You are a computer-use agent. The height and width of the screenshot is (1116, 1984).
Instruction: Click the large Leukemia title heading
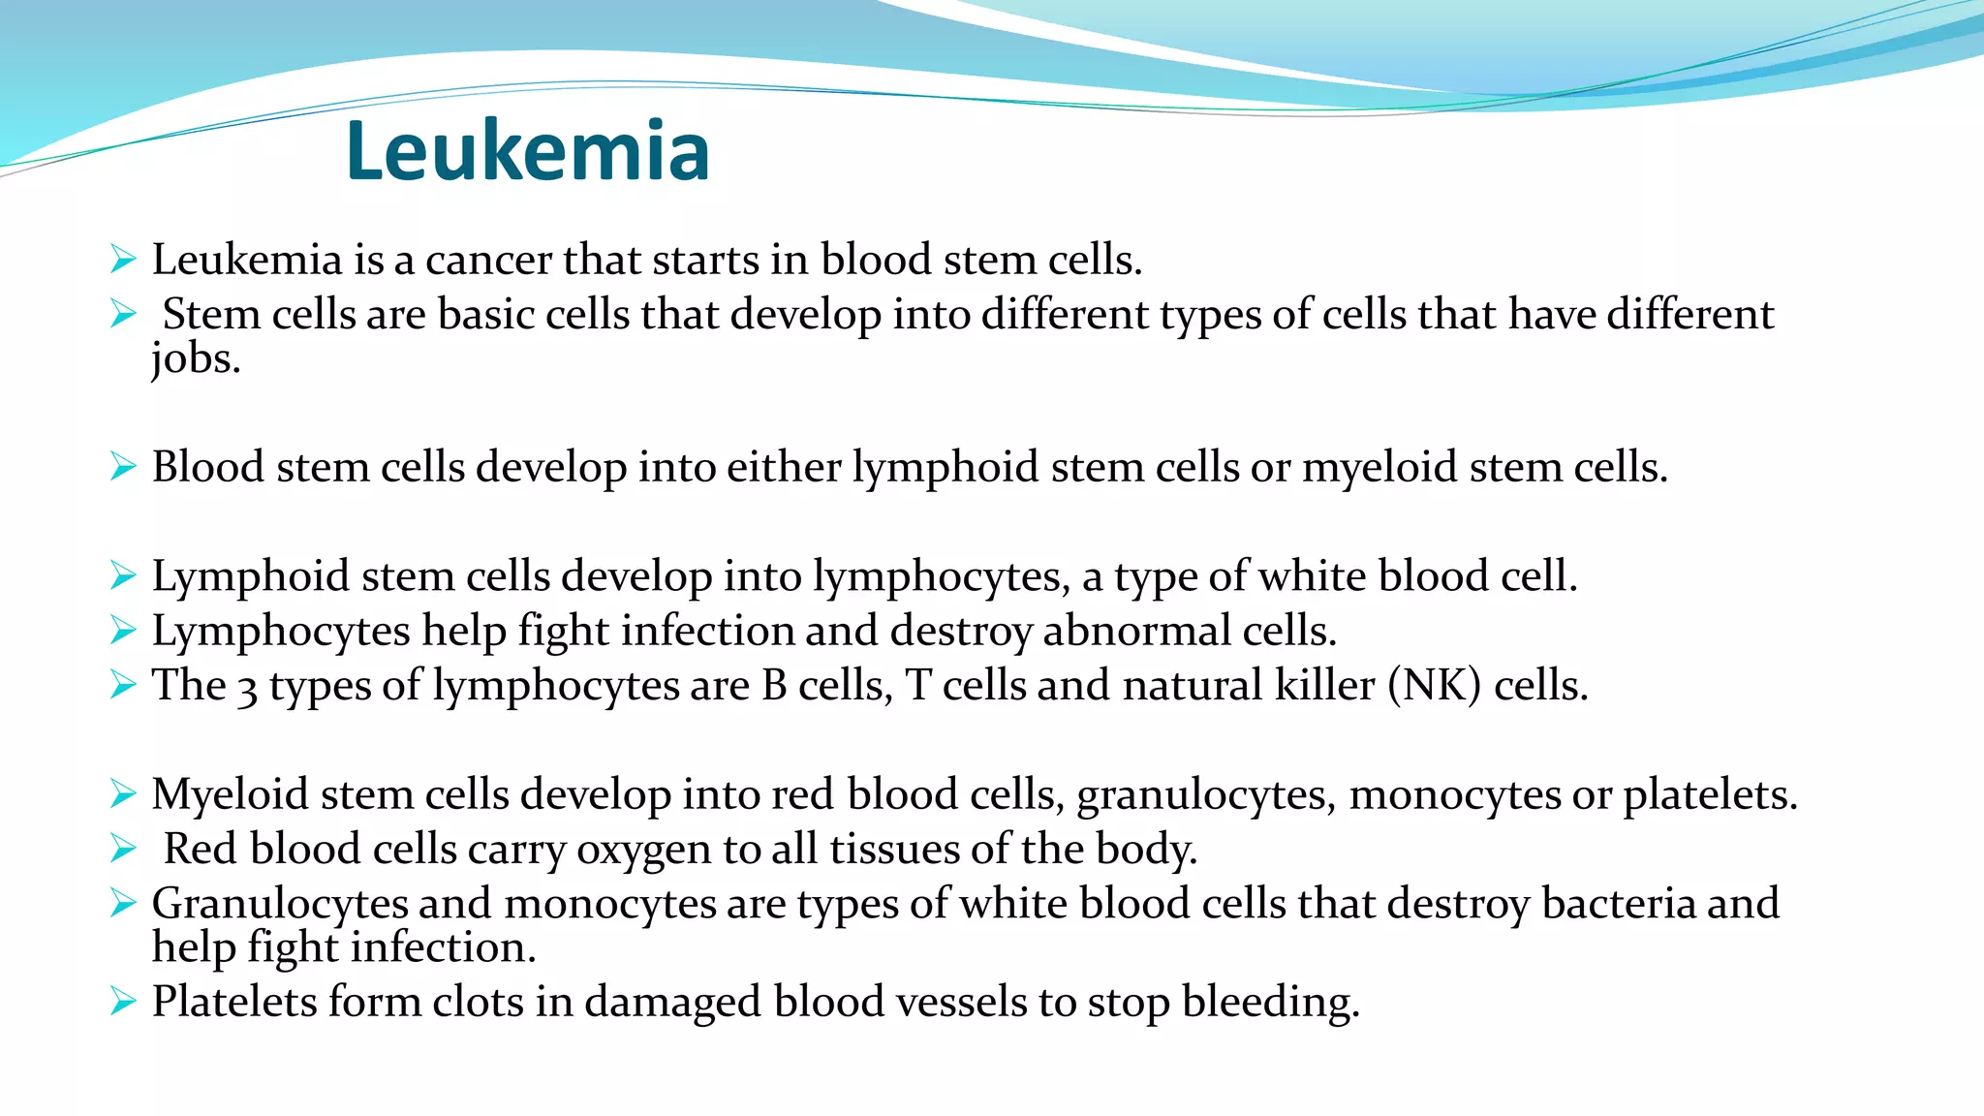(528, 151)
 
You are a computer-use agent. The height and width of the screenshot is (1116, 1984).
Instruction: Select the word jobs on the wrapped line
(195, 359)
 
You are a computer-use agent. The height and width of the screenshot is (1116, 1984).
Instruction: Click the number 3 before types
(248, 687)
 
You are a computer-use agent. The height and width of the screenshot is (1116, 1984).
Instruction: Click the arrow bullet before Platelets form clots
(123, 1001)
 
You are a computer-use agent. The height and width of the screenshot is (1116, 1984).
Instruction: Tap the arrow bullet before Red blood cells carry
(123, 849)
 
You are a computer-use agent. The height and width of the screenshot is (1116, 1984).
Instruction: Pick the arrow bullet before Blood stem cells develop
(123, 467)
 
